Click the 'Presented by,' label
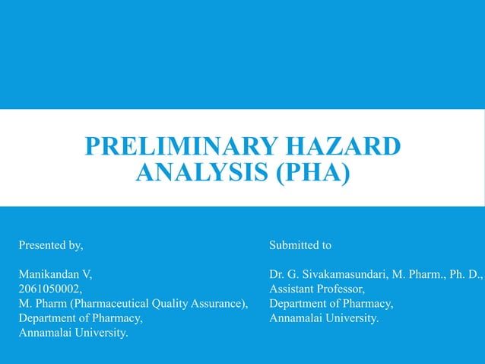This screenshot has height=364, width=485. [50, 245]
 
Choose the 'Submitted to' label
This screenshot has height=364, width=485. [300, 245]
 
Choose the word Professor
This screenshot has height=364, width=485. [343, 289]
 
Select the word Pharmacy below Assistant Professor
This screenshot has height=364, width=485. [369, 304]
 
